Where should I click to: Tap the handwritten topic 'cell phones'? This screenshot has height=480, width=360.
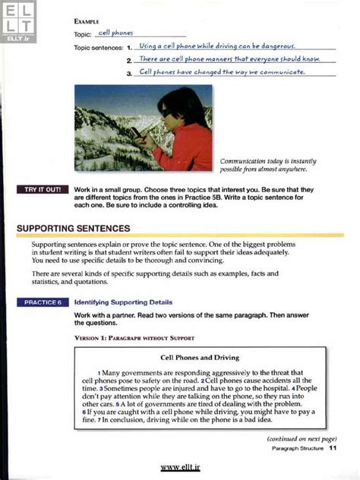(115, 33)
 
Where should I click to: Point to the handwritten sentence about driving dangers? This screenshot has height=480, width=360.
(217, 46)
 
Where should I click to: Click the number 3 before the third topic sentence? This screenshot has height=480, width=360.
(130, 74)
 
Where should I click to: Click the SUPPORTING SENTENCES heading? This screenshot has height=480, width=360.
(74, 228)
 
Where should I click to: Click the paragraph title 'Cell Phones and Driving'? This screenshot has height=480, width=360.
(200, 357)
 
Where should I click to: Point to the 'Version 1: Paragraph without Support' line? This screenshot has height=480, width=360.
(134, 337)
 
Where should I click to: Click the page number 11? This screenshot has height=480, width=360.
(333, 449)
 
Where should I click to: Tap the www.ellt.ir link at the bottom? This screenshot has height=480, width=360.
(180, 468)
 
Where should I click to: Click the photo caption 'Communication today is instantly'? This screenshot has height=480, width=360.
(267, 161)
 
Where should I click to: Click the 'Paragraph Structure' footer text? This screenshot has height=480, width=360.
(297, 449)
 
